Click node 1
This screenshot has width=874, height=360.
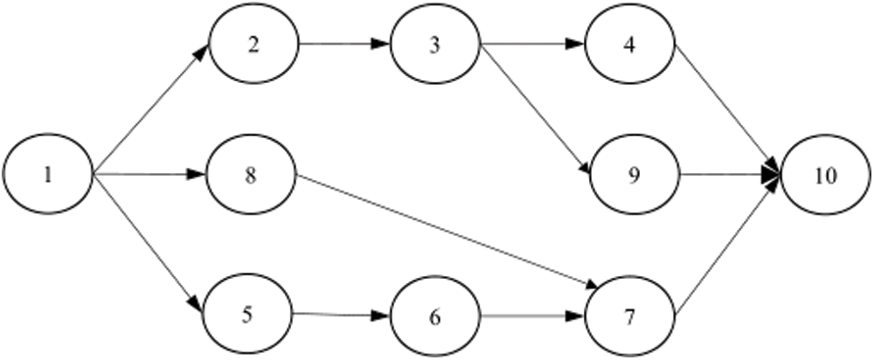[x=48, y=175]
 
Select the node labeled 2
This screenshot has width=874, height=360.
[x=253, y=45]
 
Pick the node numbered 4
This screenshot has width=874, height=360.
[x=631, y=45]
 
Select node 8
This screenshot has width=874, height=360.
[x=251, y=175]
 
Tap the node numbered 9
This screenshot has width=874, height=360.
[x=634, y=175]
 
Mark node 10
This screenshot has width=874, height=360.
[x=826, y=175]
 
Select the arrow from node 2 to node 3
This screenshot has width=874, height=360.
[x=344, y=45]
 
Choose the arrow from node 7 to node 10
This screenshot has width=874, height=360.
[x=725, y=249]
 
